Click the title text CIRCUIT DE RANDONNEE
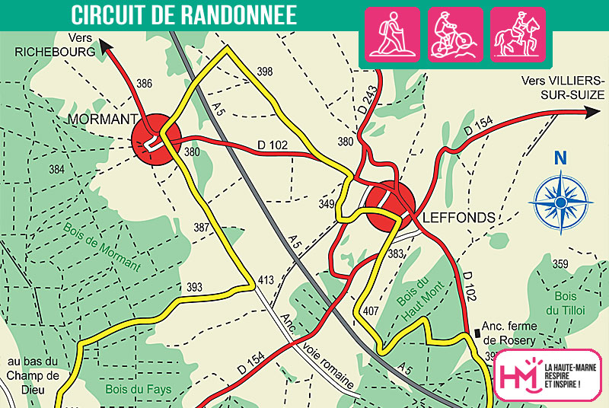(183, 14)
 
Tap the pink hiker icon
(393, 33)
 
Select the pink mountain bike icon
(454, 33)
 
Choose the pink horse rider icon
(517, 33)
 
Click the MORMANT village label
(102, 120)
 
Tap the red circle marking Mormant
(155, 139)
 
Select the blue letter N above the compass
(562, 158)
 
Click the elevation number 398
(264, 72)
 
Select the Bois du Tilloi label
(567, 302)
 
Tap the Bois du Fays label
(138, 389)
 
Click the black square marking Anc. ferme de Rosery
(477, 332)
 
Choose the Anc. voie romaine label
(317, 352)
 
